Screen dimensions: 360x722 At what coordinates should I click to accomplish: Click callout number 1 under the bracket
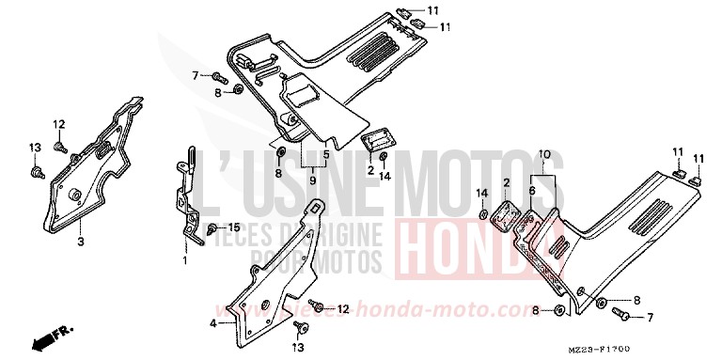185,259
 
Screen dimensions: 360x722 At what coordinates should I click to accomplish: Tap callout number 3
81,242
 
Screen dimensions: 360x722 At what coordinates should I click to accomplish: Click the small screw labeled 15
212,228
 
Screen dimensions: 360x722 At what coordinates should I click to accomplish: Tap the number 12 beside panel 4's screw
343,308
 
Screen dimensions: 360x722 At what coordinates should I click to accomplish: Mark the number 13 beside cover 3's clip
35,147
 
